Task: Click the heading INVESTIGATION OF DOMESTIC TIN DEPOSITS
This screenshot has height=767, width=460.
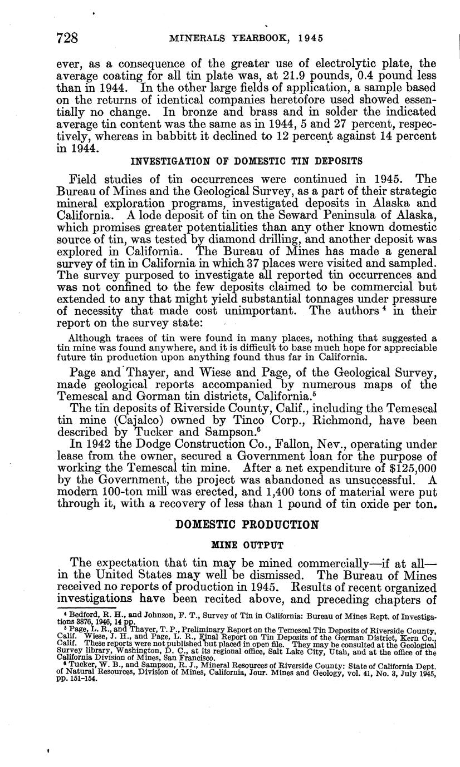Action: pyautogui.click(x=246, y=161)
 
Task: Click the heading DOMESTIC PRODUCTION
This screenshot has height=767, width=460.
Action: pyautogui.click(x=247, y=524)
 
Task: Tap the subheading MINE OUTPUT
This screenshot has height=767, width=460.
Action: pyautogui.click(x=247, y=545)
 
